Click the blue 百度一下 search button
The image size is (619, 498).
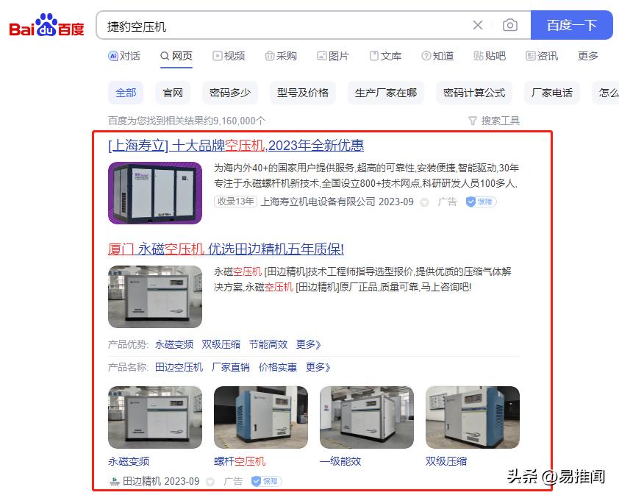pyautogui.click(x=571, y=25)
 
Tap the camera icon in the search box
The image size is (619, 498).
pyautogui.click(x=509, y=25)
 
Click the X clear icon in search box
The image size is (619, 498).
pyautogui.click(x=478, y=25)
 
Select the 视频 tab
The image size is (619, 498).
pyautogui.click(x=229, y=56)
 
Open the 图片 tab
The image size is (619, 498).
pyautogui.click(x=333, y=56)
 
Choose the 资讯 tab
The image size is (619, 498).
pyautogui.click(x=542, y=56)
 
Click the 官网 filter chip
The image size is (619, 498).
pyautogui.click(x=173, y=93)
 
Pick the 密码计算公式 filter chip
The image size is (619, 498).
pyautogui.click(x=474, y=93)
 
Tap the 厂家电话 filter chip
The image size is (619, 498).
pyautogui.click(x=551, y=93)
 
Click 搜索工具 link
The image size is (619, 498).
pyautogui.click(x=494, y=121)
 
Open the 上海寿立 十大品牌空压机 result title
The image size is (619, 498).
pyautogui.click(x=235, y=146)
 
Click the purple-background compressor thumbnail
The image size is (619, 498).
pyautogui.click(x=154, y=193)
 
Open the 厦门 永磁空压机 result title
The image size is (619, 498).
pyautogui.click(x=226, y=249)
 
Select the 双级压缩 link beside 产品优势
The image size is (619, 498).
pyautogui.click(x=221, y=344)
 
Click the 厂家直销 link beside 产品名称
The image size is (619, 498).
pyautogui.click(x=230, y=367)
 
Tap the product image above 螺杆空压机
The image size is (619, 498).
pyautogui.click(x=260, y=417)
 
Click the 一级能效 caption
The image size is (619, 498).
pyautogui.click(x=340, y=461)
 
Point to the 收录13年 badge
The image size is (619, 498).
pyautogui.click(x=235, y=202)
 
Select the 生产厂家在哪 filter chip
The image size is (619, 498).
pyautogui.click(x=386, y=93)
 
